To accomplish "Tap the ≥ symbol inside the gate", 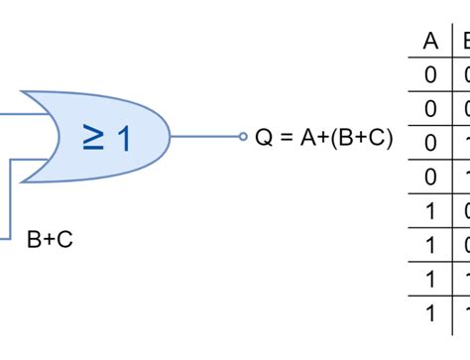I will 92,138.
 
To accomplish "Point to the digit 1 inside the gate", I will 123,139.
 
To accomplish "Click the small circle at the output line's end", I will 242,137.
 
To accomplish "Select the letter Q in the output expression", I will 264,138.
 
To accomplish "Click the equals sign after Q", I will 286,138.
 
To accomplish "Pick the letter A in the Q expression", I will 306,138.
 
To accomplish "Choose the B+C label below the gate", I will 50,239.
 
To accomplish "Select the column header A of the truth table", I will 430,41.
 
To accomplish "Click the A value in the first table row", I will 430,74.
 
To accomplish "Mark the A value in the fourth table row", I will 430,177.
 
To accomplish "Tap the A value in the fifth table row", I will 430,211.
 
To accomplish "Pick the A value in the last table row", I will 430,313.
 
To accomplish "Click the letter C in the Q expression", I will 378,138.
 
